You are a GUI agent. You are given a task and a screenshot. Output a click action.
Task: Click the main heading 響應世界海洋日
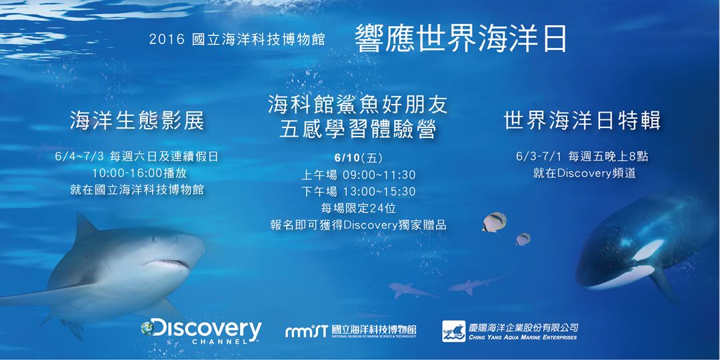coord(461,39)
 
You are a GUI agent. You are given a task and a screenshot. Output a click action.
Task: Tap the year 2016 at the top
coord(166,41)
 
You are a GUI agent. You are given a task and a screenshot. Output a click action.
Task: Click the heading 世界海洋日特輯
coord(581,121)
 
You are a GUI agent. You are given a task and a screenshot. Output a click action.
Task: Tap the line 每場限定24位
coord(358,208)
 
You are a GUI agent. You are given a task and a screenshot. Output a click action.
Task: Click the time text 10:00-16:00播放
coord(137,173)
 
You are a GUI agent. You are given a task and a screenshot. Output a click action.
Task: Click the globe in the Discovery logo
coord(149,327)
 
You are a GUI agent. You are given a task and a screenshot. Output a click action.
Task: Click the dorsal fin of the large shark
coord(85,227)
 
